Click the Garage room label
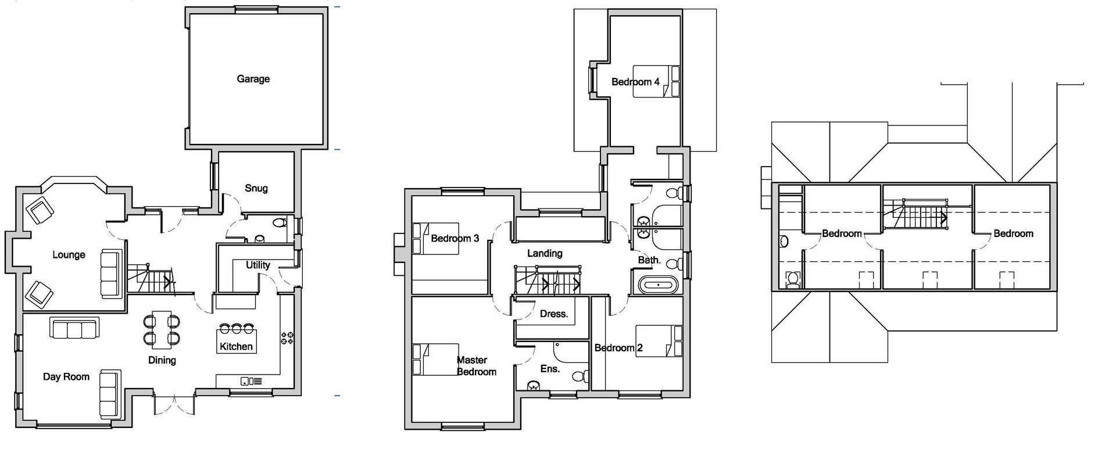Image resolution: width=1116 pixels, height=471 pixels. (253, 79)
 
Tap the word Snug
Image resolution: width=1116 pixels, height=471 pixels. (256, 188)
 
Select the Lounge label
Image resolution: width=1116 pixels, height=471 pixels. (69, 254)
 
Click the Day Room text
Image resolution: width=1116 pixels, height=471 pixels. (66, 376)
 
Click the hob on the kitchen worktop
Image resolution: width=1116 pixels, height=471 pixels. (287, 338)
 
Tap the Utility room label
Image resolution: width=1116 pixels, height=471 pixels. (257, 265)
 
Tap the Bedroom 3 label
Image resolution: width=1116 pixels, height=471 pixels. (455, 238)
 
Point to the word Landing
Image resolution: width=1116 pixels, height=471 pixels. (545, 253)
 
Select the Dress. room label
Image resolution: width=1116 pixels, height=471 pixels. (553, 314)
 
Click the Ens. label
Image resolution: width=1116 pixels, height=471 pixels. (550, 369)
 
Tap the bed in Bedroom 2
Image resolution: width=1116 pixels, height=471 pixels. (659, 341)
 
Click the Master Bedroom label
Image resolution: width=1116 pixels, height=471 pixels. (476, 366)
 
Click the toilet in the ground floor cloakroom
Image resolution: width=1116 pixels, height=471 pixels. (280, 222)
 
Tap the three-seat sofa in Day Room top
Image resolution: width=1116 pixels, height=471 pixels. (74, 328)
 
